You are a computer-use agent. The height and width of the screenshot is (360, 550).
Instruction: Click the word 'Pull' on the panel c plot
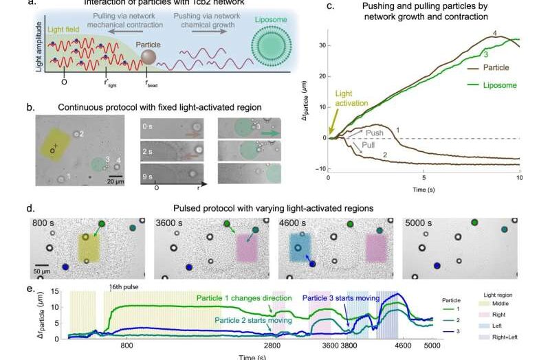point(360,144)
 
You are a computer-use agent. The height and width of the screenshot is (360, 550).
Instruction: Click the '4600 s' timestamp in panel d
point(301,224)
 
